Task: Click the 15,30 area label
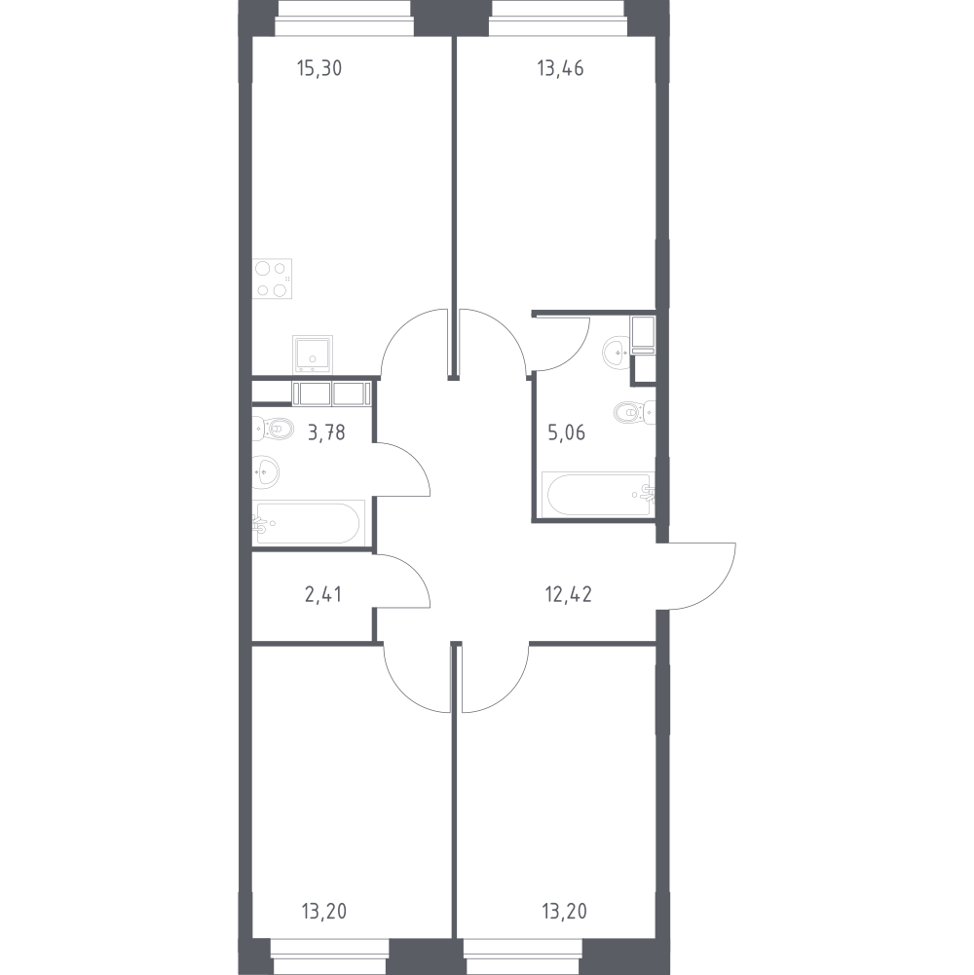point(319,68)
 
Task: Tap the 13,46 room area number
point(560,68)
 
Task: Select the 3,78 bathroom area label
point(326,431)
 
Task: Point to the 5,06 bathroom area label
point(566,431)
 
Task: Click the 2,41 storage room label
point(322,594)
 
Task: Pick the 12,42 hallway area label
point(569,594)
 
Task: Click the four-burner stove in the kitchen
point(272,279)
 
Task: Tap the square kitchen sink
point(313,355)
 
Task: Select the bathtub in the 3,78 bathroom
point(307,523)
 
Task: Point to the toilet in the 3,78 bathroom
point(273,429)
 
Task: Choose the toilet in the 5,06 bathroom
point(634,412)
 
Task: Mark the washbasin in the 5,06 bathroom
point(617,353)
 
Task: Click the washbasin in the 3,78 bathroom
point(266,472)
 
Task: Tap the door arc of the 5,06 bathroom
point(574,356)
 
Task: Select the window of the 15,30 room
point(345,19)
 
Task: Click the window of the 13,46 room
point(558,19)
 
